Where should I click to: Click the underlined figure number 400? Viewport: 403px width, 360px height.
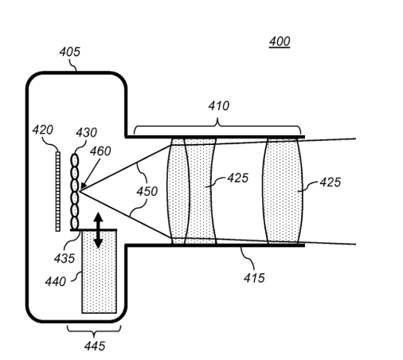pos(280,41)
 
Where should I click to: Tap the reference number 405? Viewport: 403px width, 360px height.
pos(69,52)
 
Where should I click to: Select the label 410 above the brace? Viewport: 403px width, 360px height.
pos(219,106)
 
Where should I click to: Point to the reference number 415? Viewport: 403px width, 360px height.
pos(254,278)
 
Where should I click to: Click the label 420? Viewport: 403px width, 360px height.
pos(43,130)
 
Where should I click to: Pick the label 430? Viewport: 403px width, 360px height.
pos(86,132)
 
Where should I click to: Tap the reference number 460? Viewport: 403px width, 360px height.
pos(100,151)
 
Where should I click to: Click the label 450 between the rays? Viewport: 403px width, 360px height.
pos(147,191)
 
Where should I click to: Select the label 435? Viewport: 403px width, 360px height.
pos(65,258)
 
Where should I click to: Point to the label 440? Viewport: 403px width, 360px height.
pos(55,281)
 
